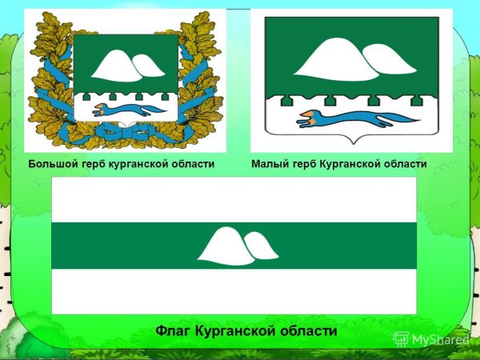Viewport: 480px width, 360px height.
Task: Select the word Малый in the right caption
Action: [x=268, y=164]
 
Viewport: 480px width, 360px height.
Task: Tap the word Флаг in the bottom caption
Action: [x=172, y=330]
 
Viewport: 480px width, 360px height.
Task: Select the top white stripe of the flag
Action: [x=234, y=199]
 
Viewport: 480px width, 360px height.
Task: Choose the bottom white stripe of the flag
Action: [x=234, y=291]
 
